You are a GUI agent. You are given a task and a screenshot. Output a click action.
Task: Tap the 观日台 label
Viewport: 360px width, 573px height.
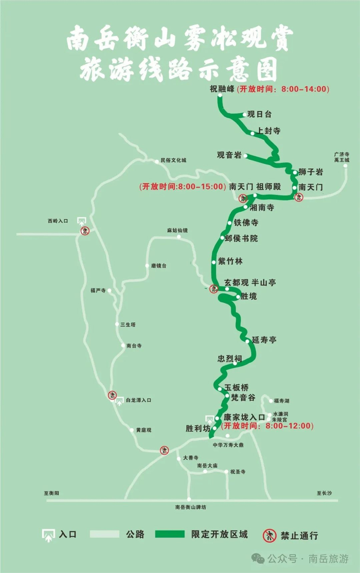point(259,114)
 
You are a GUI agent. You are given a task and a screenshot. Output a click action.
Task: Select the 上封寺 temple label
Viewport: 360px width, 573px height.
point(269,131)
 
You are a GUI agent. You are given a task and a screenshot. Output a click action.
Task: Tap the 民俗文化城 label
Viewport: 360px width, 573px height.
point(174,160)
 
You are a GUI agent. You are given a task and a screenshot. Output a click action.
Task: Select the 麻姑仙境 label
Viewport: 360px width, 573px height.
point(177,230)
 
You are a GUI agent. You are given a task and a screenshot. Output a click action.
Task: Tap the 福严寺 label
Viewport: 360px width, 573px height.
point(97,290)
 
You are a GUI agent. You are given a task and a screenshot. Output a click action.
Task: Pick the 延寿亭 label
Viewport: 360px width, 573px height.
point(264,340)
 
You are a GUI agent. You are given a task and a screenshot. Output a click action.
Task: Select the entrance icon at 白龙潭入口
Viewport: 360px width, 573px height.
point(119,400)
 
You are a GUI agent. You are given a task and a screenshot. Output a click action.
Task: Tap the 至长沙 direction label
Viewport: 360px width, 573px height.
point(324,493)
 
